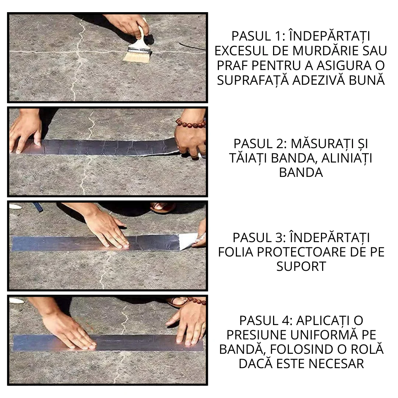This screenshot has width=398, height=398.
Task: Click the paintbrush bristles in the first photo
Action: pyautogui.click(x=137, y=56)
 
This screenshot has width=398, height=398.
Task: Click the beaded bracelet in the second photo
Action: pyautogui.click(x=190, y=123)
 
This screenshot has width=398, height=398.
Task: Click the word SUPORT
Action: pyautogui.click(x=301, y=266)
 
